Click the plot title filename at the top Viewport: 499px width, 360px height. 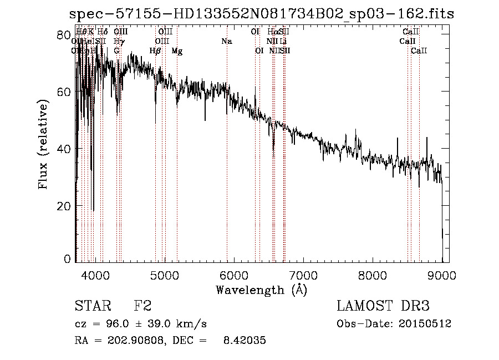pyautogui.click(x=261, y=14)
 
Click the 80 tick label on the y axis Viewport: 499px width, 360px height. pyautogui.click(x=65, y=34)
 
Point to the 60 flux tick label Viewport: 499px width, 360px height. pyautogui.click(x=65, y=92)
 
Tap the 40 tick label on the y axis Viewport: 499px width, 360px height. pyautogui.click(x=65, y=149)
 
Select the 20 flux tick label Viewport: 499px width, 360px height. pyautogui.click(x=65, y=206)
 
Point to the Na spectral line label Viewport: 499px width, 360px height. pyautogui.click(x=226, y=42)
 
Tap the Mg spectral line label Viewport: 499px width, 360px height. pyautogui.click(x=177, y=51)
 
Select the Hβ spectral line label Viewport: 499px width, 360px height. pyautogui.click(x=155, y=51)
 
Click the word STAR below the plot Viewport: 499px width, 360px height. pyautogui.click(x=90, y=307)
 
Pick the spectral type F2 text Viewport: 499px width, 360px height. pyautogui.click(x=142, y=307)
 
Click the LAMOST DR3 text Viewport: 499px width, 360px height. pyautogui.click(x=383, y=307)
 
